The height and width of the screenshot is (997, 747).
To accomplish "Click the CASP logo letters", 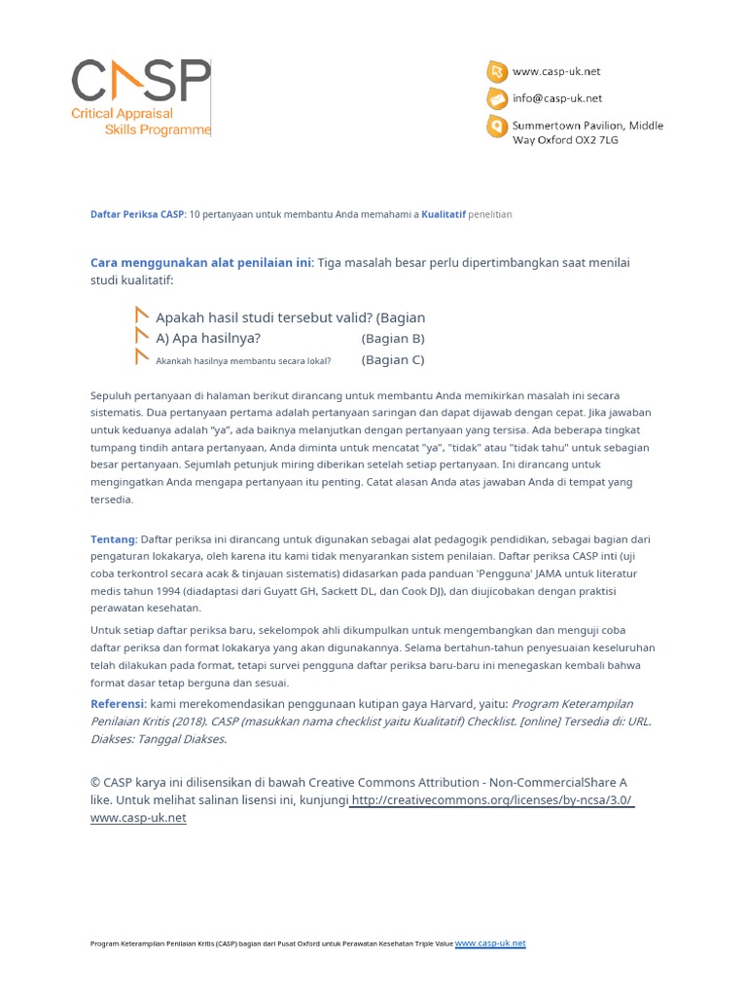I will point(140,82).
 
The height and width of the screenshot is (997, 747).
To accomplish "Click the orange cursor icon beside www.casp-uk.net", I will point(496,71).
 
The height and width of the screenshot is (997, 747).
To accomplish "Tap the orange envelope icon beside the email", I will point(496,98).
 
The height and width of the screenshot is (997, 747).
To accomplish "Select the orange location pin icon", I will point(496,127).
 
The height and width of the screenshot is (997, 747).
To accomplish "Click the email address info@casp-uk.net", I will point(557,98).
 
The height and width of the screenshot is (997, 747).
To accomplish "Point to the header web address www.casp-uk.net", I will point(556,71).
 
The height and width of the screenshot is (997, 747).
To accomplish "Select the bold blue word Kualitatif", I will point(443,214).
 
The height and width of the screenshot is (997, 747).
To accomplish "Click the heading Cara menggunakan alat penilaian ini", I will point(200,263).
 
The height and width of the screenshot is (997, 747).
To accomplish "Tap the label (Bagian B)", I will point(393,339).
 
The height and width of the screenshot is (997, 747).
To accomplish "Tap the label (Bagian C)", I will point(393,359).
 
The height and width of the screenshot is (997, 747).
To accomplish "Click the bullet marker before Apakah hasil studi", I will point(142,315).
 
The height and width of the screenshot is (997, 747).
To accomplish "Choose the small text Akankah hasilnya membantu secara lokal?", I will point(243,361).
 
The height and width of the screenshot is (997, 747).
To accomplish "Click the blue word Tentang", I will point(113,538).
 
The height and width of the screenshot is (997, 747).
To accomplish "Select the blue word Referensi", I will point(117,703).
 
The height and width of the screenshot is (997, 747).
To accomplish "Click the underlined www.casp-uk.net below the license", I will point(138,818).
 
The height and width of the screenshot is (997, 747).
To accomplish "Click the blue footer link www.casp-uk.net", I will point(490,943).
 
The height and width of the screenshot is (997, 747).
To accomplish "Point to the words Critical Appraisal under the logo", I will point(123,114).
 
